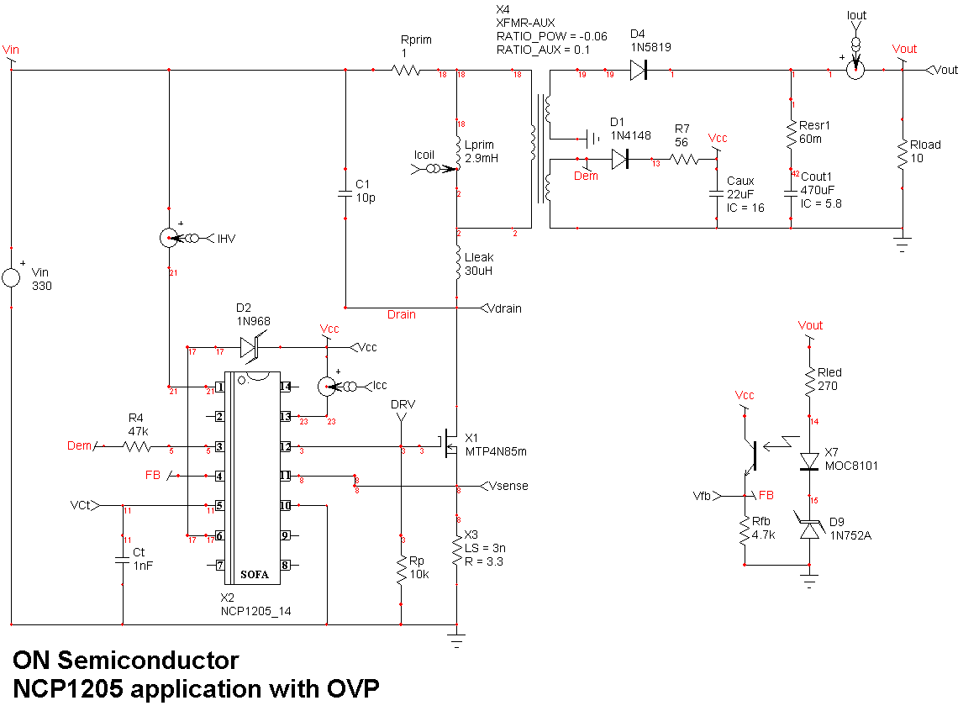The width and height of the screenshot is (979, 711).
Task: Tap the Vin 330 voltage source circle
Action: point(12,277)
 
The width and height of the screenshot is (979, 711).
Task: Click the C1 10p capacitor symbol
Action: point(345,194)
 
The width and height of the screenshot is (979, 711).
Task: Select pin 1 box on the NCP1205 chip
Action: point(219,387)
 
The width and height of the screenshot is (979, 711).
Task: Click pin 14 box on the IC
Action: point(286,387)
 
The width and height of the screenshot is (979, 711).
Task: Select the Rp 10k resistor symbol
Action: point(402,567)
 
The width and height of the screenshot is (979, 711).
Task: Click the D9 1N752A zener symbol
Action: point(811,528)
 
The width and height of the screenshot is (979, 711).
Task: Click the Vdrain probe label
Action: point(504,308)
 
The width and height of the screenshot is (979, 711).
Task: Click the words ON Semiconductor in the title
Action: point(125,661)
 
